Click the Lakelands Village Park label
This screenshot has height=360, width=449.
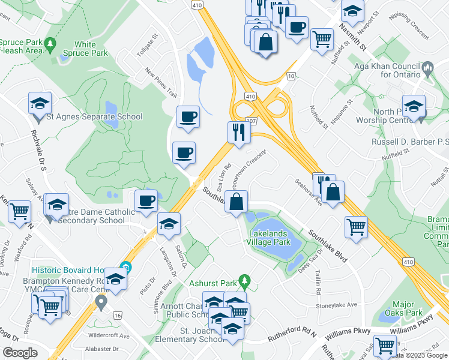point(268,238)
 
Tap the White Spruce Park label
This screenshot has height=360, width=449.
point(91,49)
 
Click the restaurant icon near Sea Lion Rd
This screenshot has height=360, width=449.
point(239,131)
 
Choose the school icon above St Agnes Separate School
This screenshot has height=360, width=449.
point(40,103)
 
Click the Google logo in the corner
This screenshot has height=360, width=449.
point(19,353)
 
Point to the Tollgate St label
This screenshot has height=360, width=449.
point(146,46)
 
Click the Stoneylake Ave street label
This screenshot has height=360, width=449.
point(337,305)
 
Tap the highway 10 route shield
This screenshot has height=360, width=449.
point(291,76)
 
